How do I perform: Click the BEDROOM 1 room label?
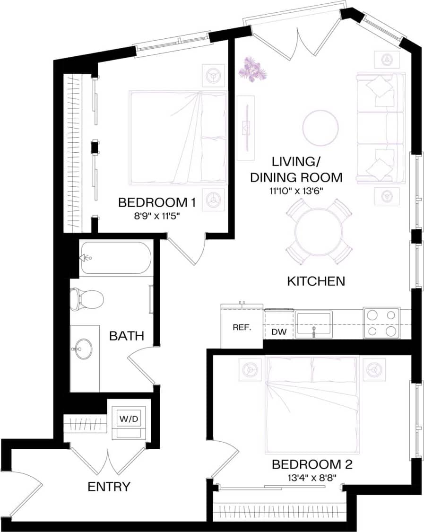point(156,203)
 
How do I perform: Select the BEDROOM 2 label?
point(312,464)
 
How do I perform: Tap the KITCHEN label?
point(316,281)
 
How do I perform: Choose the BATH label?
point(127,336)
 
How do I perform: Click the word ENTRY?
point(109,487)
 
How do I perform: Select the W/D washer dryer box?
point(129,419)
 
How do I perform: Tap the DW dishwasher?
point(279,332)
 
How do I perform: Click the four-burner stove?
point(381,323)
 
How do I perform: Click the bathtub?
point(116,258)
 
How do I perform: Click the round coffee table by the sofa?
point(320,128)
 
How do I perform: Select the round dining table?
point(319,232)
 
